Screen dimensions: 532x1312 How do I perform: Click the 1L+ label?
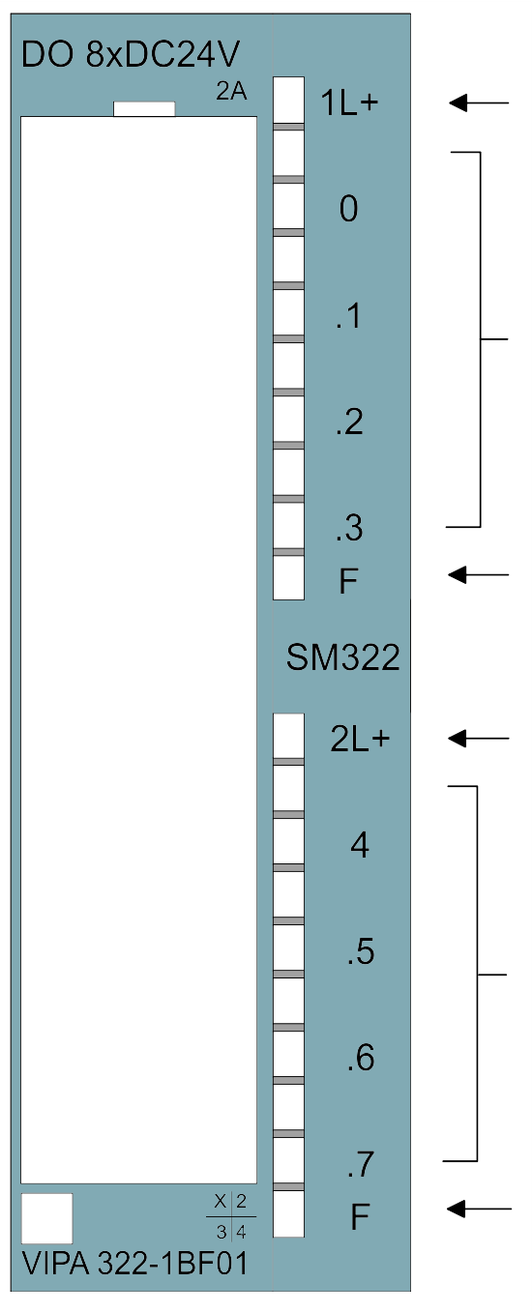[350, 102]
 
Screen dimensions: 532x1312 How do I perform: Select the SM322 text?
[342, 657]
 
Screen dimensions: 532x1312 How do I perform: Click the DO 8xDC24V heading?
[130, 54]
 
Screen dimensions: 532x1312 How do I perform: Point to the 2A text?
[231, 92]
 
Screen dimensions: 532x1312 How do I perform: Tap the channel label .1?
[348, 316]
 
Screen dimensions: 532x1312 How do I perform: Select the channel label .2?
[350, 423]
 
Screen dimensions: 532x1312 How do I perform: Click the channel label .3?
[350, 528]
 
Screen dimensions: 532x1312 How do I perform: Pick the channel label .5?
[361, 951]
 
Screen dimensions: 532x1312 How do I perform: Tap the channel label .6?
[361, 1057]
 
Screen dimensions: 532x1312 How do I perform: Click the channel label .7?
[361, 1164]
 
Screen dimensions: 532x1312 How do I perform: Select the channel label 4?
[360, 845]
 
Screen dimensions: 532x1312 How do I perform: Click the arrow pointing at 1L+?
[479, 102]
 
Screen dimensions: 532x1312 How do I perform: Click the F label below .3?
[348, 581]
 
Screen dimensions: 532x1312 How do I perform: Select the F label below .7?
[360, 1216]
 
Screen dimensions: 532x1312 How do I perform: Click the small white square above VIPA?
[46, 1218]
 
